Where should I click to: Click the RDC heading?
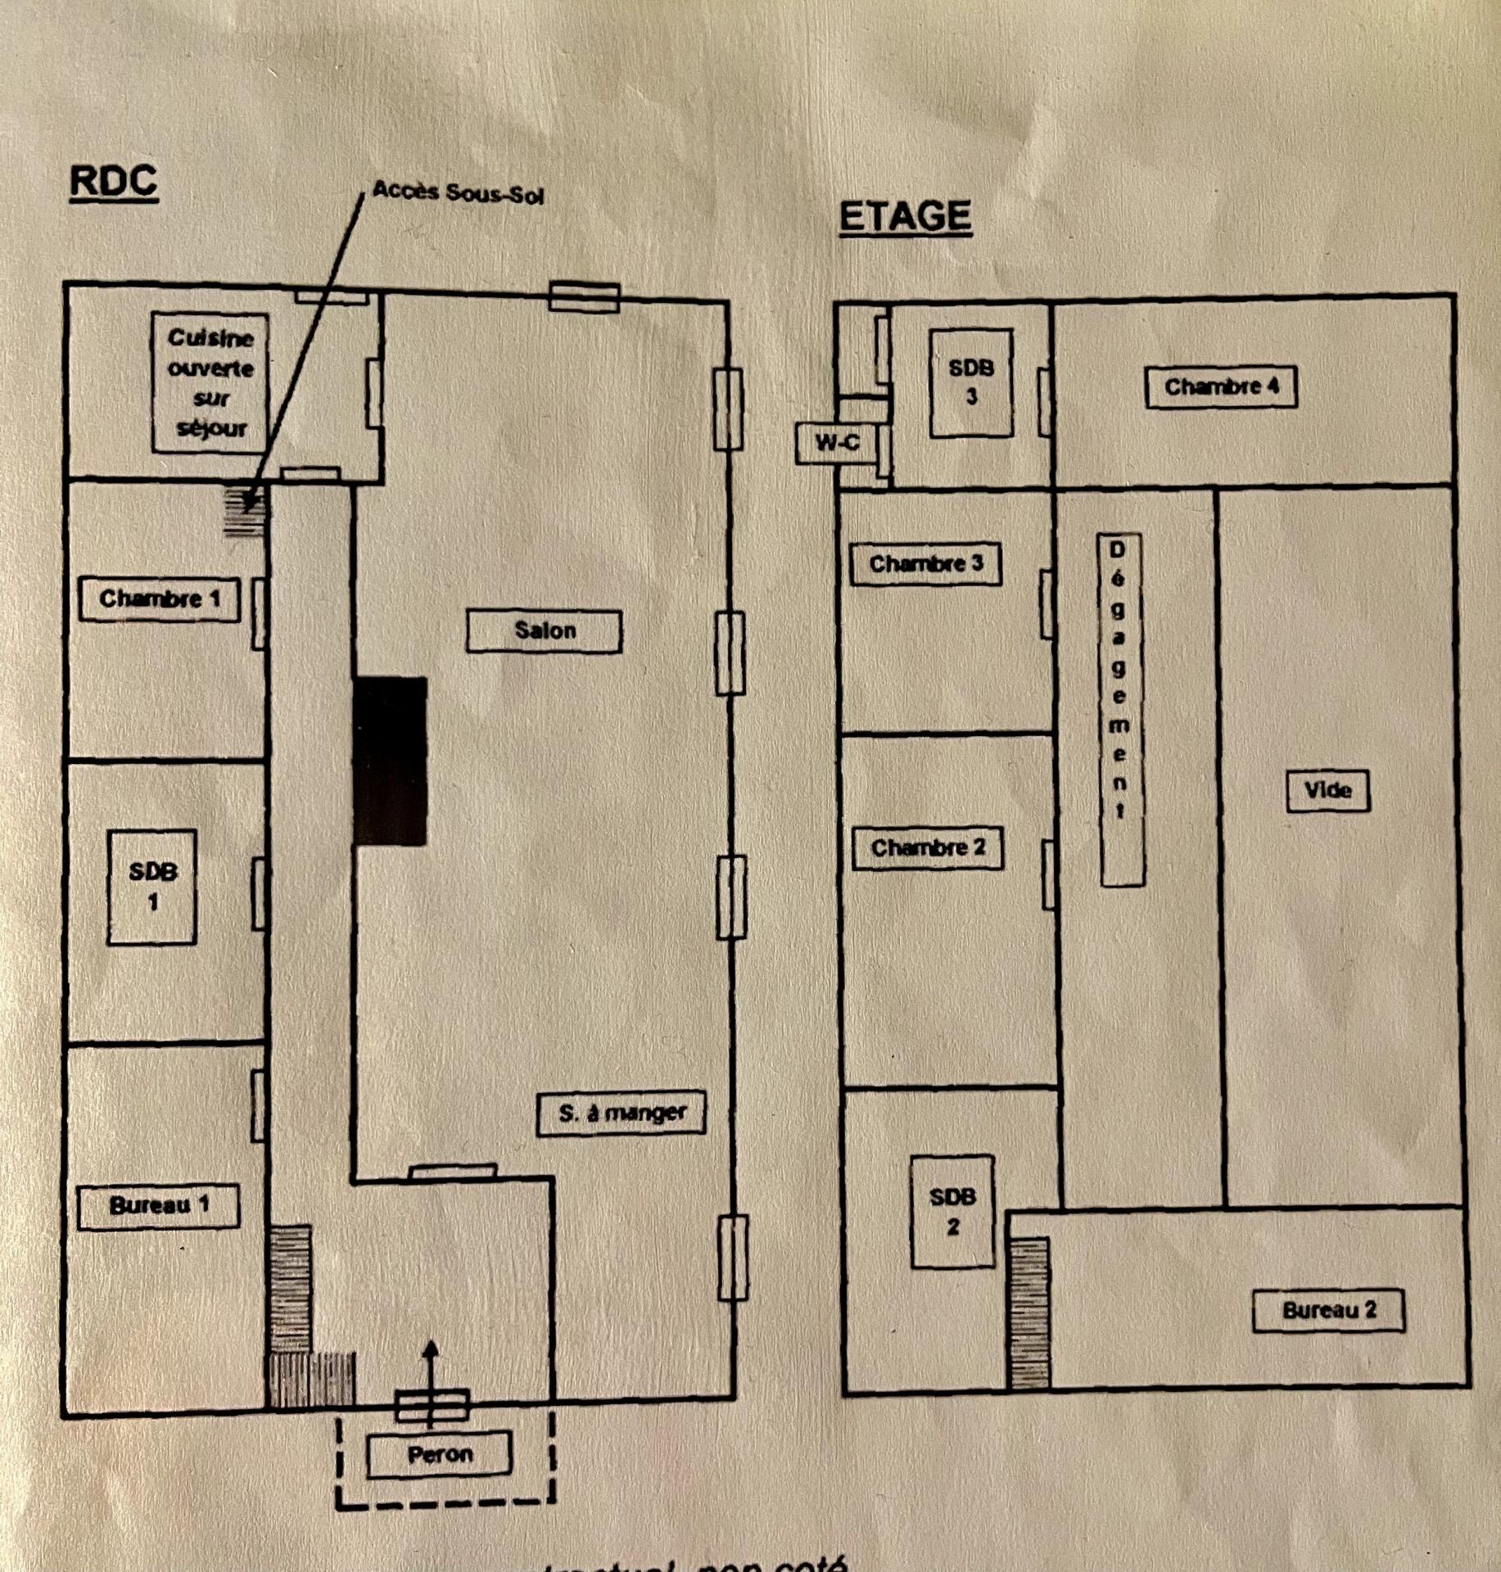pyautogui.click(x=113, y=181)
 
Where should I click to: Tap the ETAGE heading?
pyautogui.click(x=905, y=216)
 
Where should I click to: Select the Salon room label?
pyautogui.click(x=544, y=630)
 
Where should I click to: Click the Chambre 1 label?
pyautogui.click(x=160, y=599)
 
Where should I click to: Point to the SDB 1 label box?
pyautogui.click(x=152, y=887)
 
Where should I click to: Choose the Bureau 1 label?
pyautogui.click(x=159, y=1205)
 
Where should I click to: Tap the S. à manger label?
pyautogui.click(x=622, y=1113)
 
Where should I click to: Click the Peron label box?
pyautogui.click(x=439, y=1454)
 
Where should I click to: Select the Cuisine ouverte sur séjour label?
pyautogui.click(x=210, y=382)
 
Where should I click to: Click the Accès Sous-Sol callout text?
pyautogui.click(x=458, y=192)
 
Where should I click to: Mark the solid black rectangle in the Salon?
pyautogui.click(x=390, y=761)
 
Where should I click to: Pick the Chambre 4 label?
pyautogui.click(x=1220, y=386)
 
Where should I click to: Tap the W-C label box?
pyautogui.click(x=837, y=443)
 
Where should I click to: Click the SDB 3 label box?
pyautogui.click(x=971, y=382)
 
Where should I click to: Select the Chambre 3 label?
pyautogui.click(x=925, y=563)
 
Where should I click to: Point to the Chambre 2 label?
pyautogui.click(x=927, y=847)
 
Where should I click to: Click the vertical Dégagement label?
pyautogui.click(x=1119, y=709)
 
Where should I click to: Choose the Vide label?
pyautogui.click(x=1327, y=790)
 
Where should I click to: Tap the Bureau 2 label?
pyautogui.click(x=1328, y=1310)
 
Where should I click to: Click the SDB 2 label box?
pyautogui.click(x=952, y=1212)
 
